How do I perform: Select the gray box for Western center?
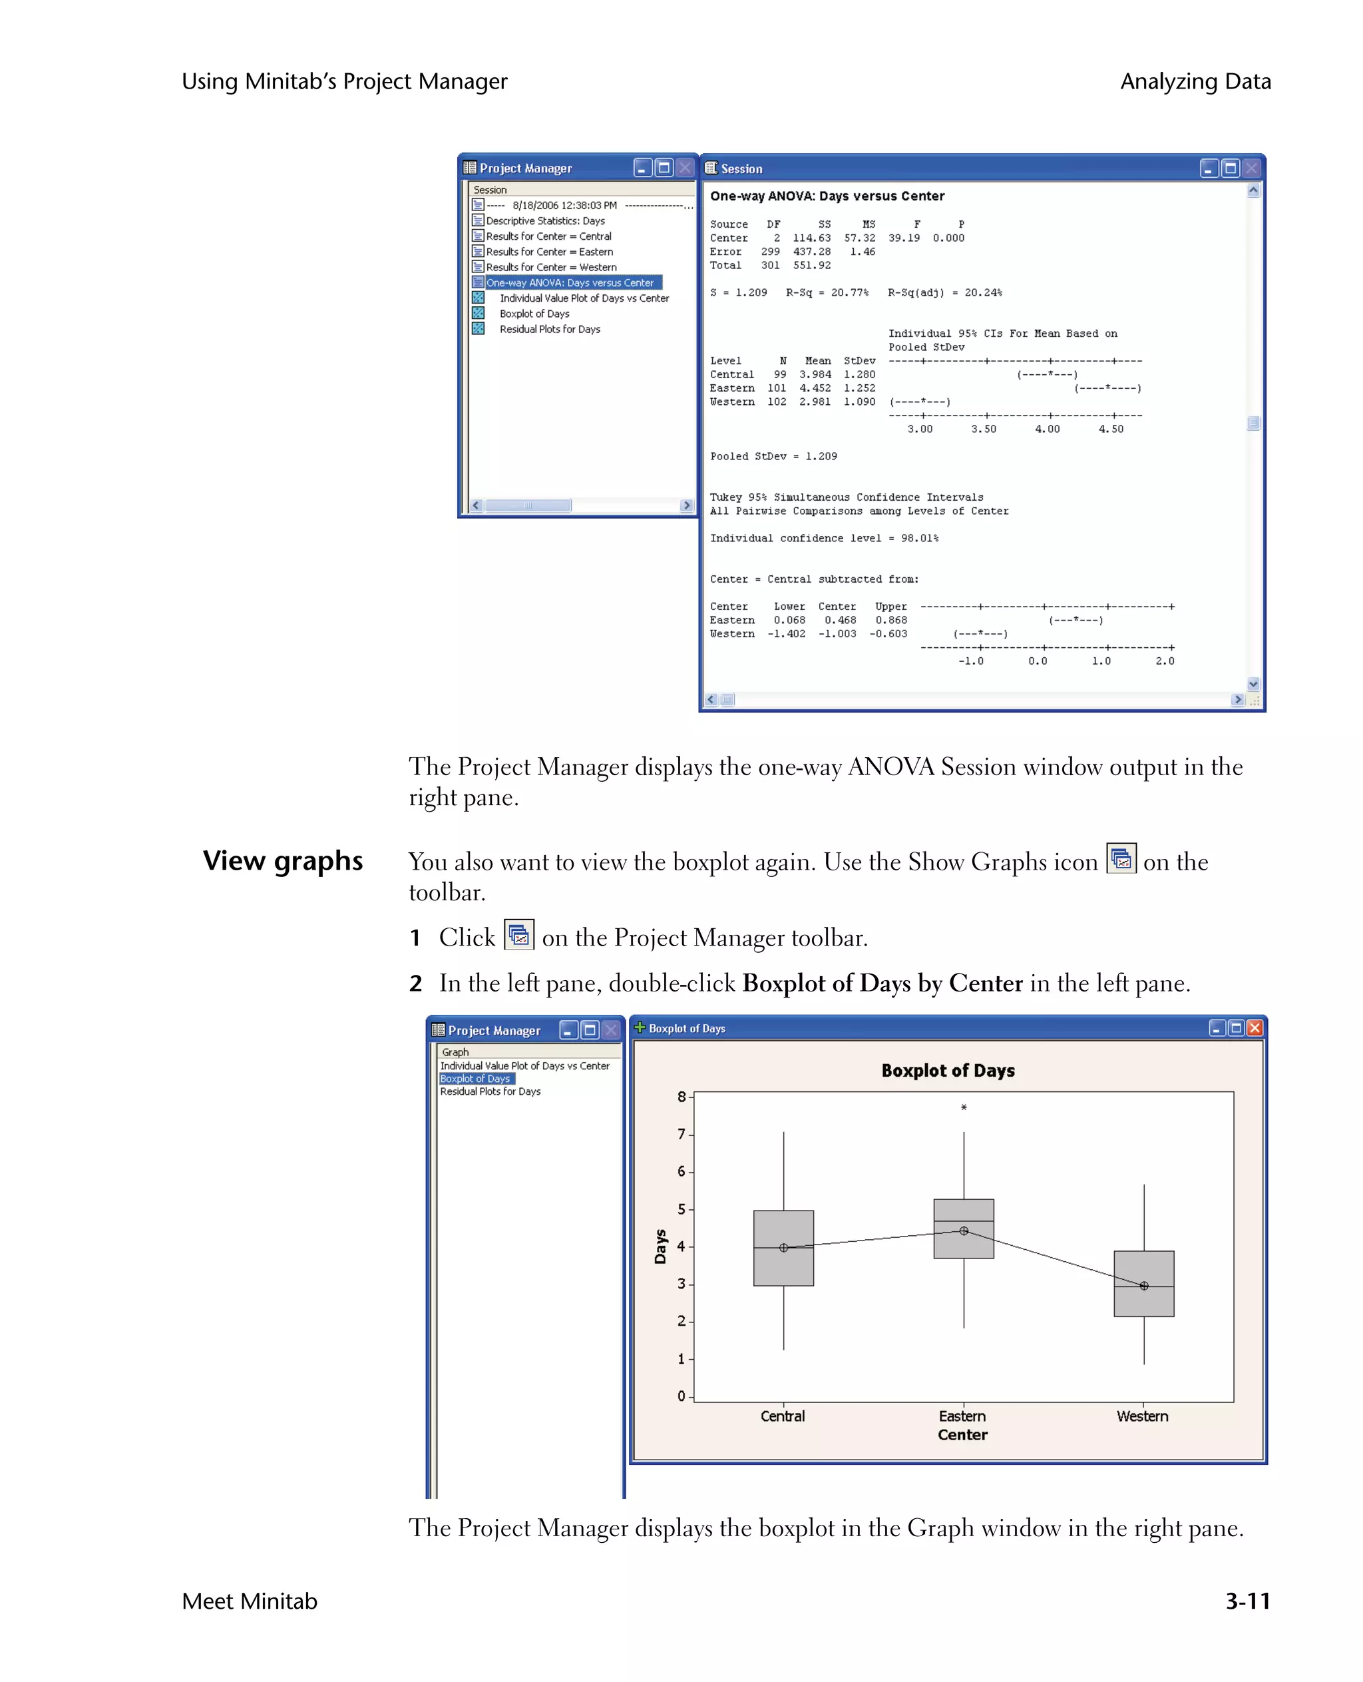coord(1143,1283)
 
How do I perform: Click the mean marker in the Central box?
coord(783,1248)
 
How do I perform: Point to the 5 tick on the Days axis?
coord(681,1209)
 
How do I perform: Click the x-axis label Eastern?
coord(962,1416)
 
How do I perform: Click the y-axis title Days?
coord(660,1246)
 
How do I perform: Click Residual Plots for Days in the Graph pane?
coord(490,1091)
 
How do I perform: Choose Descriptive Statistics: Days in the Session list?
coord(545,221)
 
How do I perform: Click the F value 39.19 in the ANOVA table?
coord(904,238)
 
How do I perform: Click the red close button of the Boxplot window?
coord(1255,1027)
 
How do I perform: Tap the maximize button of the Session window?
coord(1231,168)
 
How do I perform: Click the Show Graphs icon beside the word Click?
coord(518,935)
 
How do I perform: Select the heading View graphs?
coord(283,860)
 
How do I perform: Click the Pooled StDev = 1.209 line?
coord(773,456)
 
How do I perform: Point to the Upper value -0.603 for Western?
coord(888,634)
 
